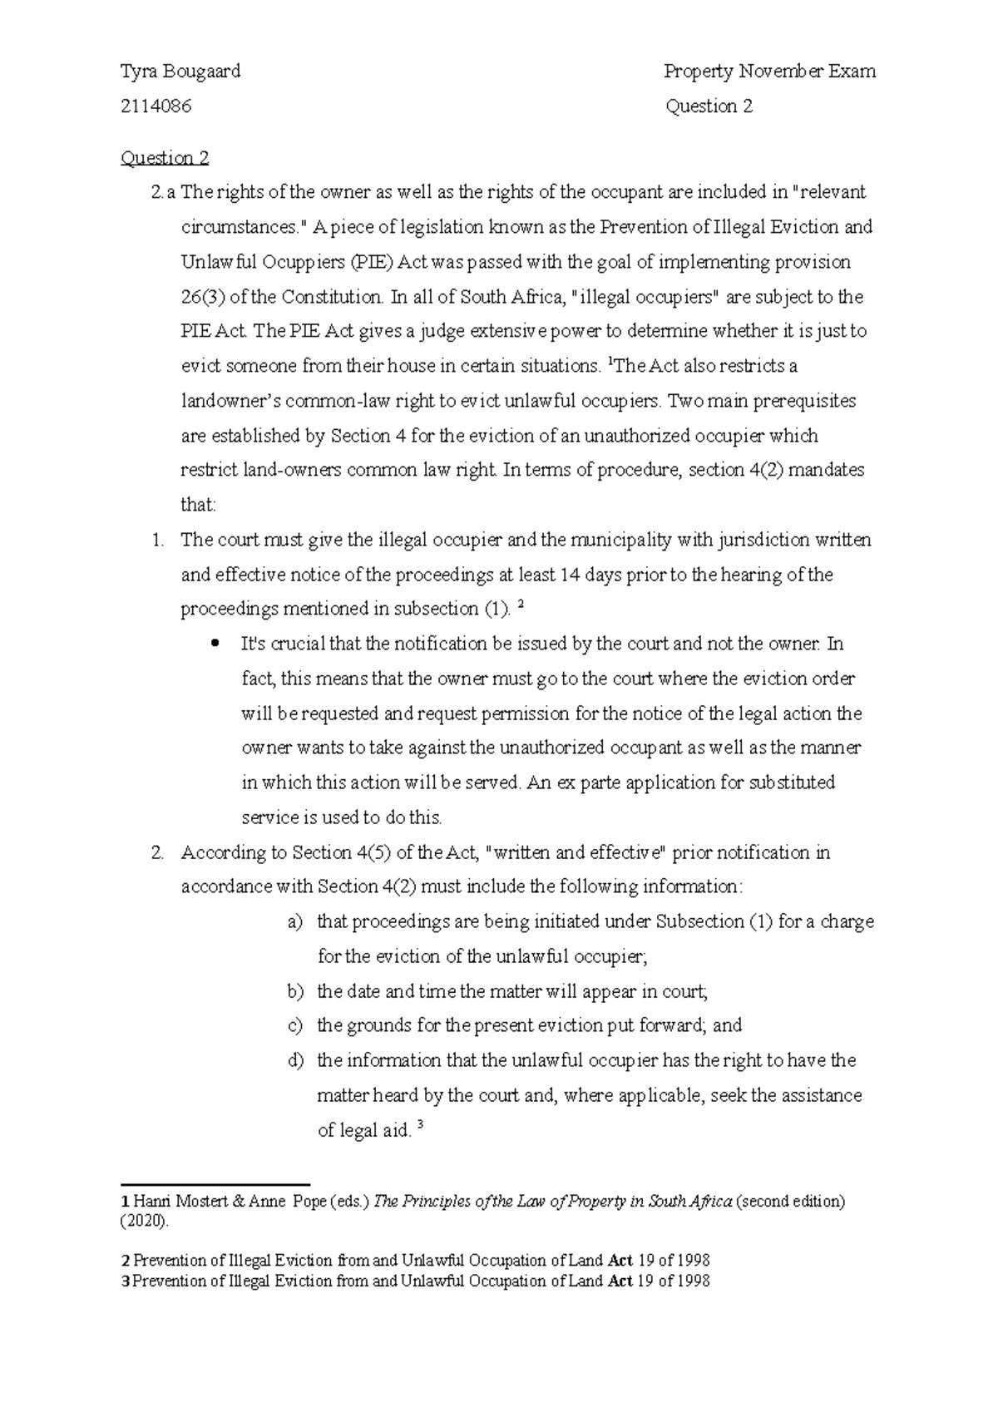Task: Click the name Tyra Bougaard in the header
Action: coord(180,72)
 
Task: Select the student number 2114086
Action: coord(156,106)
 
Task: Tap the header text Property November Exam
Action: coord(769,72)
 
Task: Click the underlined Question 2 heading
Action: coord(165,158)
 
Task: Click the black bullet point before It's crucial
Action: coord(216,644)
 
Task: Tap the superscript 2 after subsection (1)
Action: coord(521,605)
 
